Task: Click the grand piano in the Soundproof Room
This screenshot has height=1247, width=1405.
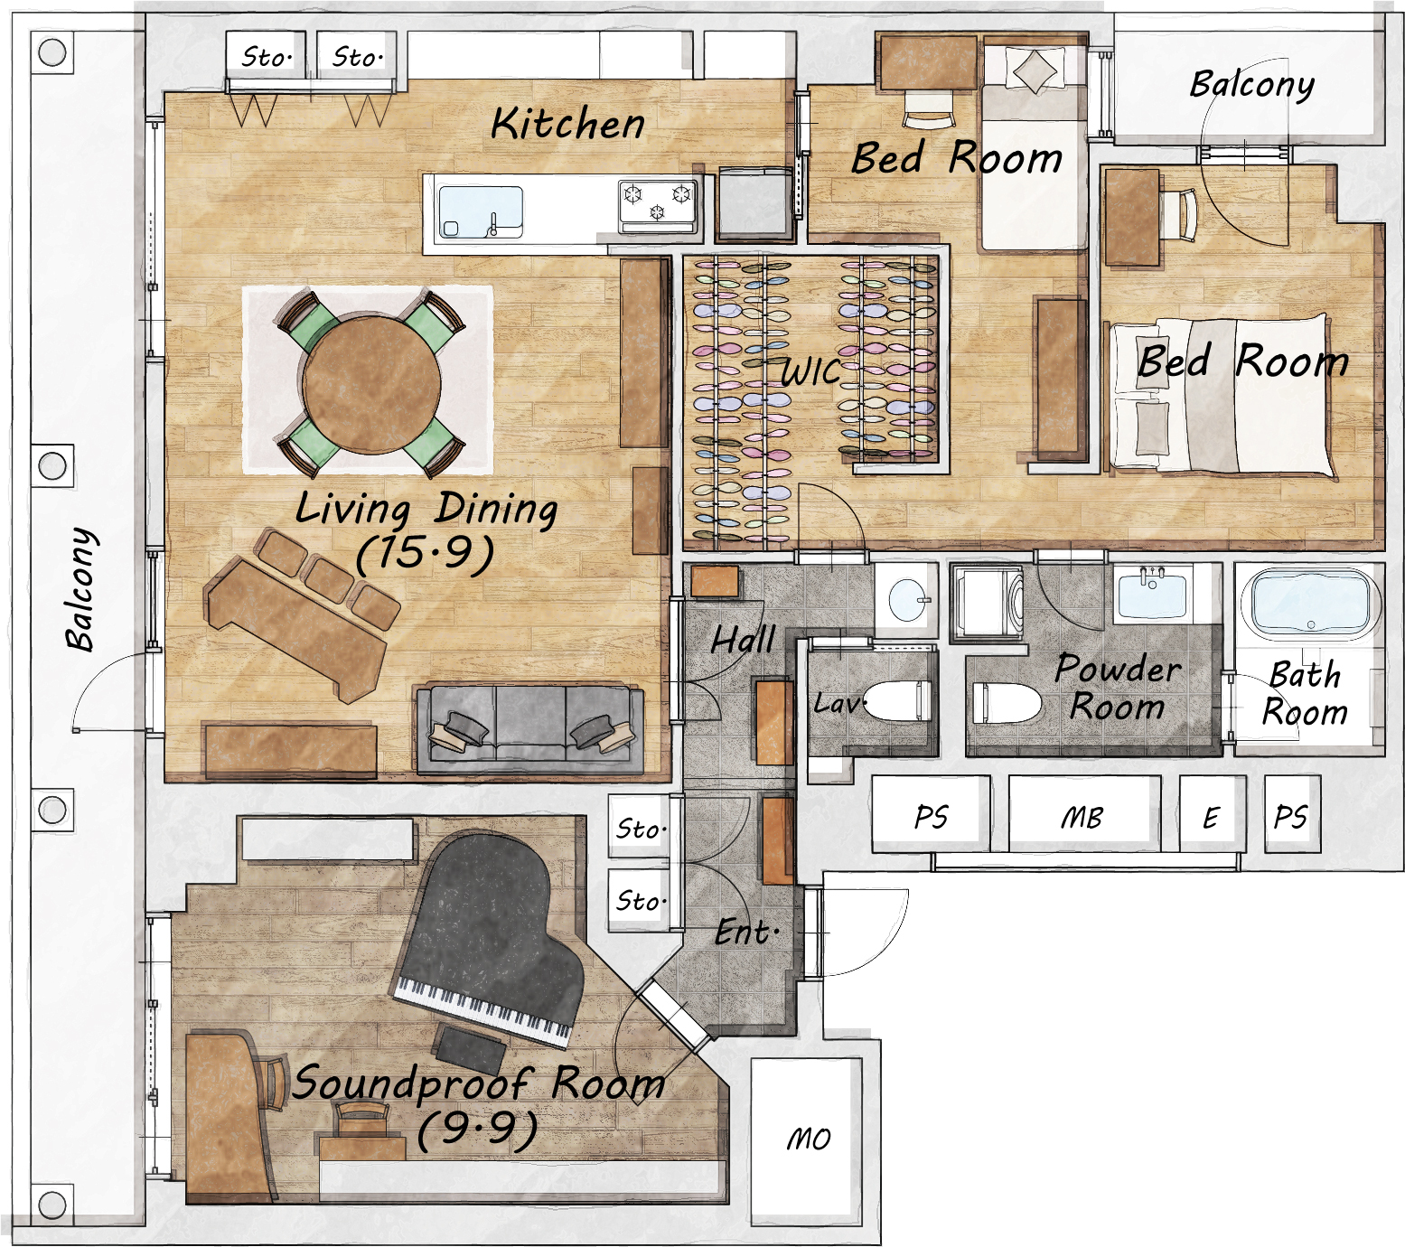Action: point(488,940)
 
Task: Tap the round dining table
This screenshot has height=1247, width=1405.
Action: point(371,383)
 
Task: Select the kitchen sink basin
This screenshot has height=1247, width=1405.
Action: point(480,212)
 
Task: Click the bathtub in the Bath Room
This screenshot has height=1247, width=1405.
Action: point(1309,601)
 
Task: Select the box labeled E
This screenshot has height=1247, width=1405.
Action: point(1212,816)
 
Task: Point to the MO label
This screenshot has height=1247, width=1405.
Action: point(808,1139)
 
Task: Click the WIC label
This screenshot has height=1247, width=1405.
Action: point(810,371)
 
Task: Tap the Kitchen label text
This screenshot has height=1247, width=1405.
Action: point(568,124)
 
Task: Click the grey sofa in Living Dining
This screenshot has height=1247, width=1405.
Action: point(530,729)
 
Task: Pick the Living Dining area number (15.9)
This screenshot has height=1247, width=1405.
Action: point(425,552)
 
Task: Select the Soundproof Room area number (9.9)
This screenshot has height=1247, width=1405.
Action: point(478,1129)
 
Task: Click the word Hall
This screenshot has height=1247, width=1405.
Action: point(743,639)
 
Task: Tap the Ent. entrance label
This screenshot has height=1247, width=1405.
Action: point(746,932)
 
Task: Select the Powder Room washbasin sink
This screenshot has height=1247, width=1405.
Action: point(1153,592)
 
